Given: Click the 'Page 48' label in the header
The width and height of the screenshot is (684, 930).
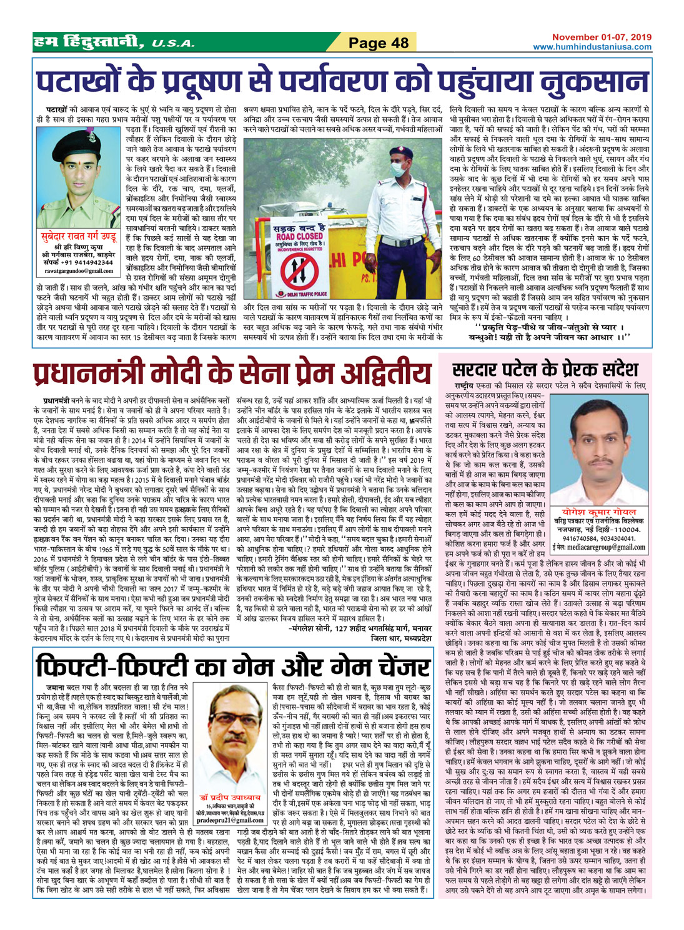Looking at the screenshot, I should point(379,42).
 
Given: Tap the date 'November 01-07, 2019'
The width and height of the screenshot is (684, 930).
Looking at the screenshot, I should point(602,37).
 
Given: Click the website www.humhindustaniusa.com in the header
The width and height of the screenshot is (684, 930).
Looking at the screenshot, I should point(592,47).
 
